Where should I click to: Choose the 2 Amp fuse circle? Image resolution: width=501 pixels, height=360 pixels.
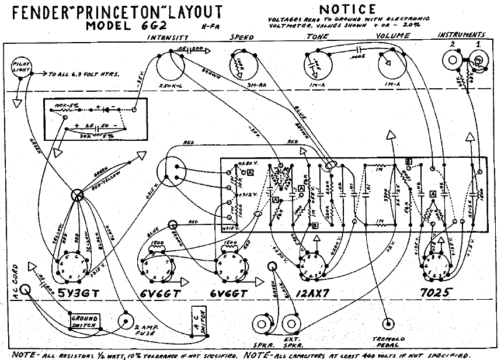click(125, 321)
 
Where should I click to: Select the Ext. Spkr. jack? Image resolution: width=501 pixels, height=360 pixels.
click(292, 324)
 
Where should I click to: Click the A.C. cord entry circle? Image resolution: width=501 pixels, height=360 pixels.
click(25, 290)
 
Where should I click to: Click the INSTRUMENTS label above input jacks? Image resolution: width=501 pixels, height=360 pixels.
click(462, 36)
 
